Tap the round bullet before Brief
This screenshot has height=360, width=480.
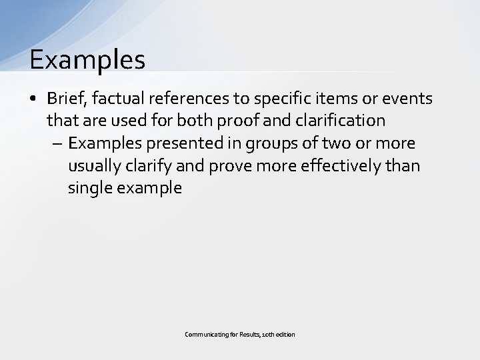[x=33, y=99]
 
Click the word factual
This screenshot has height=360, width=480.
[x=119, y=99]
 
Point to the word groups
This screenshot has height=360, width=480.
[x=268, y=144]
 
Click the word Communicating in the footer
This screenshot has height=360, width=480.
[x=205, y=334]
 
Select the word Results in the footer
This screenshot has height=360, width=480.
[x=247, y=334]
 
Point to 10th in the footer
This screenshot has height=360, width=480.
[x=269, y=334]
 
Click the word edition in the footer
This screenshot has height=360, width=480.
[x=286, y=334]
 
